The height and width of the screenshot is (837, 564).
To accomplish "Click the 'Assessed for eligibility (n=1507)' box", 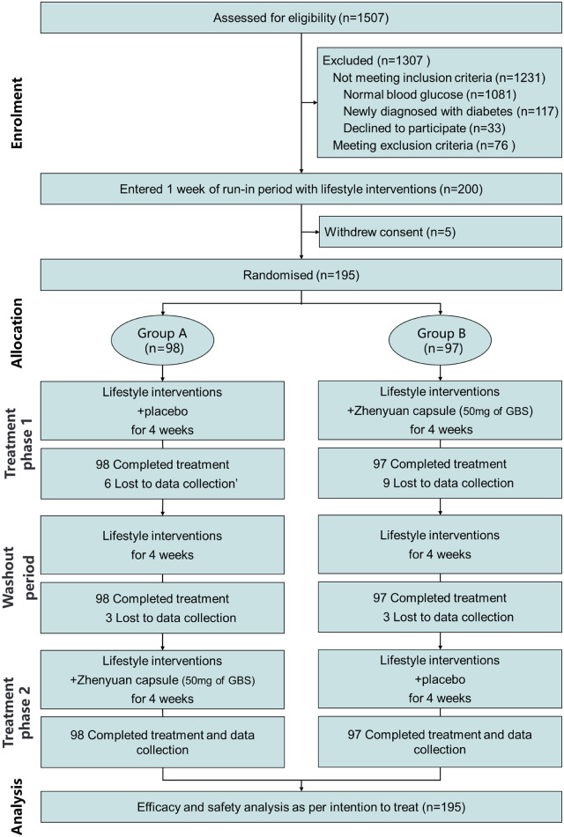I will click(302, 18).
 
